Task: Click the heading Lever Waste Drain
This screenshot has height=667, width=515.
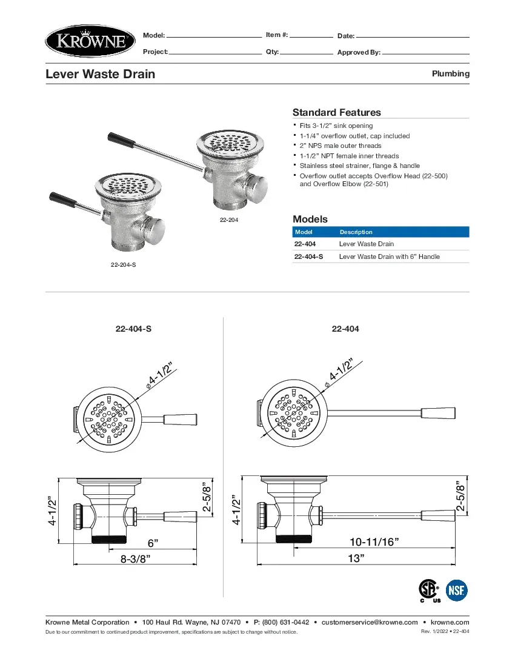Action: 101,74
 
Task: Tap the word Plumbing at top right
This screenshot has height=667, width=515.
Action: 450,73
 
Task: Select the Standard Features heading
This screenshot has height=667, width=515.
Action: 336,112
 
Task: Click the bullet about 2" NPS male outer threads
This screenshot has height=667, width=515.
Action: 341,146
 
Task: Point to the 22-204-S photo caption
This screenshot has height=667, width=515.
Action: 123,266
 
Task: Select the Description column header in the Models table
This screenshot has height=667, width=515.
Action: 356,232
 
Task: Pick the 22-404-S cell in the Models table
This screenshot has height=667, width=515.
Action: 308,256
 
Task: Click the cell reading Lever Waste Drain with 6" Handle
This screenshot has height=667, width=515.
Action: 389,256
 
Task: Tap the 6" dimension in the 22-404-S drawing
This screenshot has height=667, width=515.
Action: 153,541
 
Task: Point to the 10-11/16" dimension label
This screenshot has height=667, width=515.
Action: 374,541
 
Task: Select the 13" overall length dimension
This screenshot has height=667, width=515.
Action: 356,558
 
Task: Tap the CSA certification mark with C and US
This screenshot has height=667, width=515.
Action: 430,590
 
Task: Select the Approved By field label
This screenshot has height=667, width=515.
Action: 359,53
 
